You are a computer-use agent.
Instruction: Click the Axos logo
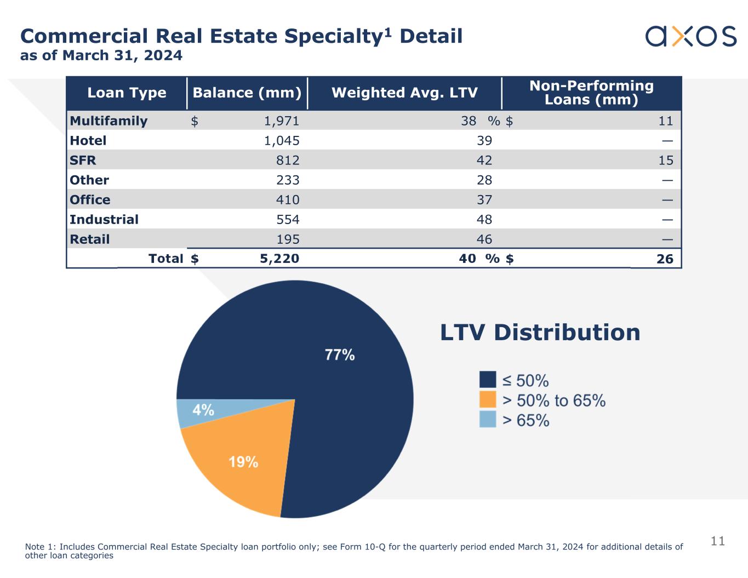[690, 36]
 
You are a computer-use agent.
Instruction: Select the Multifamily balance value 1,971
[282, 121]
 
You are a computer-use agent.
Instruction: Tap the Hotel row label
[88, 141]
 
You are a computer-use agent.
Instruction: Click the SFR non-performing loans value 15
[665, 161]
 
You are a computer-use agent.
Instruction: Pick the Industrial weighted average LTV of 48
[484, 220]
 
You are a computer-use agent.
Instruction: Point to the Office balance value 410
[288, 200]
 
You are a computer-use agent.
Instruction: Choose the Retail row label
[90, 239]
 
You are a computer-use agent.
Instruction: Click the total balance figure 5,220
[279, 259]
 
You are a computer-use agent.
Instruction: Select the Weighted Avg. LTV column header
[404, 93]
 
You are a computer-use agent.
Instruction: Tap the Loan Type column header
[127, 93]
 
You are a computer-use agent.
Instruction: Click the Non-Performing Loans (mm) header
[591, 93]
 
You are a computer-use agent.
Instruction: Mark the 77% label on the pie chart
[340, 355]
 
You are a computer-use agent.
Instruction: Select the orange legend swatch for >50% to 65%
[488, 399]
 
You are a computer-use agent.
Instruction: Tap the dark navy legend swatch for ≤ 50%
[488, 380]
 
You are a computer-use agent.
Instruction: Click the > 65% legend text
[526, 420]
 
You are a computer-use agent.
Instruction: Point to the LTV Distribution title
[540, 333]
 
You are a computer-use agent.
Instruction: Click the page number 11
[717, 541]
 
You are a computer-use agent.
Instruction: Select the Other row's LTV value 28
[484, 180]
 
